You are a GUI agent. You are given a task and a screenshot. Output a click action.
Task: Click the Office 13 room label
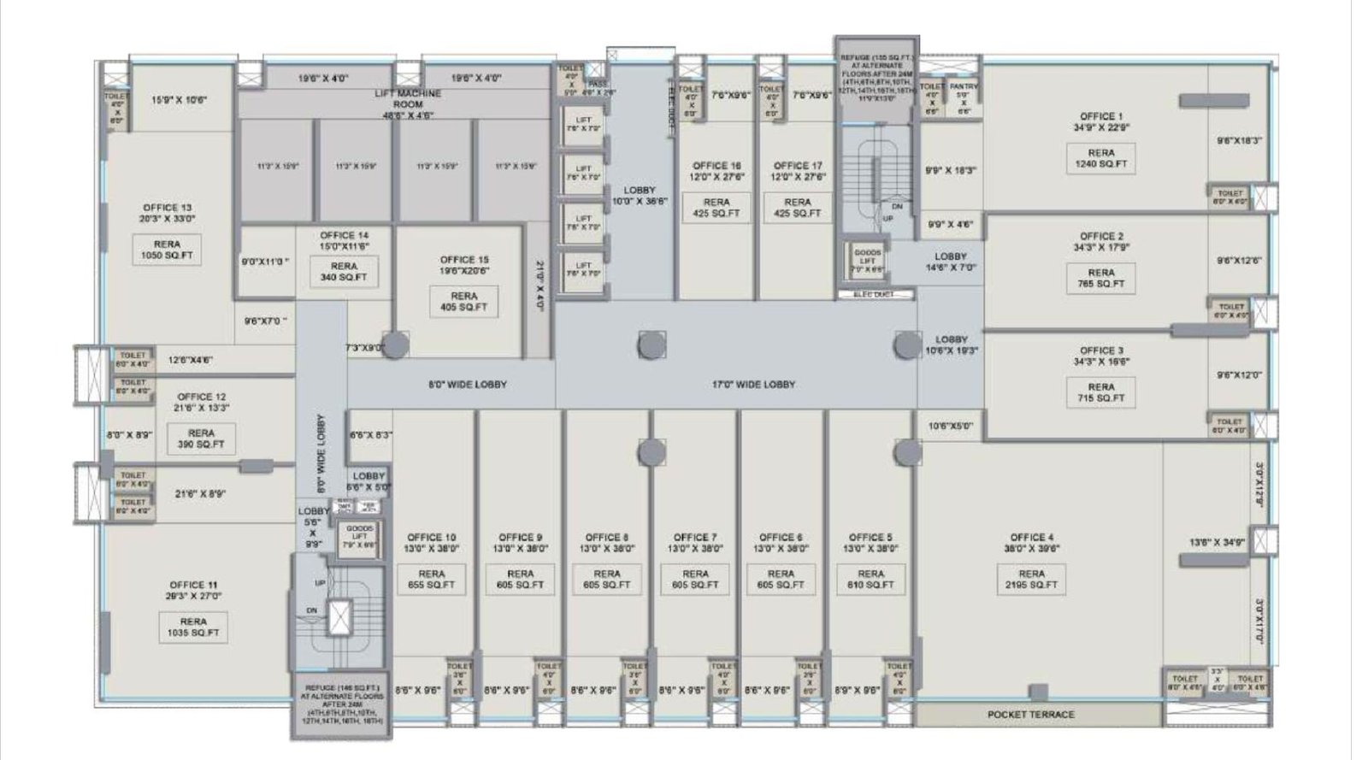click(168, 213)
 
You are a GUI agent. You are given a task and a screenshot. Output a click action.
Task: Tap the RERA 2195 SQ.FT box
click(1031, 580)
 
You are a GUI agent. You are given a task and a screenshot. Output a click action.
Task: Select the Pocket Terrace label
click(1031, 714)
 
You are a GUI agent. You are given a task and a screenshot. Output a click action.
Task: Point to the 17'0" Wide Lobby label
click(753, 385)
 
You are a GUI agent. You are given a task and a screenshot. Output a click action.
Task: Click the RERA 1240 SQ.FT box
click(1101, 158)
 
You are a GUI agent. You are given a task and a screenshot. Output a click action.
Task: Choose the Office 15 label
click(464, 265)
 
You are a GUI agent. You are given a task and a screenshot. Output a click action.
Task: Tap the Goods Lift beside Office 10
click(357, 538)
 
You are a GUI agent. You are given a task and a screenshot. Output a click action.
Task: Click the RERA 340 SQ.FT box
click(344, 272)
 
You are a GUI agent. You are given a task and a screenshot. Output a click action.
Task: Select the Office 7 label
click(695, 543)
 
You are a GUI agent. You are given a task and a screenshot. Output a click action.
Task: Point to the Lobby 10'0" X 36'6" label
click(640, 196)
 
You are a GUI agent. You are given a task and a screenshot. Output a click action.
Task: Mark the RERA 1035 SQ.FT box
click(193, 627)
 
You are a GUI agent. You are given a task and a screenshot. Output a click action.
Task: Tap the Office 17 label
click(798, 171)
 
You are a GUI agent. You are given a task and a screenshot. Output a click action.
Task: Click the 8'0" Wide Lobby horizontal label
click(468, 385)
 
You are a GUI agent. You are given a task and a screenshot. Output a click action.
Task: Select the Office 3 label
click(1101, 356)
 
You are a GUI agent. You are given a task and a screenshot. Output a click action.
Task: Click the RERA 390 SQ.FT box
click(201, 439)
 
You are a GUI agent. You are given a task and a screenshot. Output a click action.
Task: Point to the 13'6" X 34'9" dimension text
click(1216, 542)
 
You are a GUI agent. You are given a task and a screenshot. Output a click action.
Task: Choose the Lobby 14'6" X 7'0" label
click(950, 262)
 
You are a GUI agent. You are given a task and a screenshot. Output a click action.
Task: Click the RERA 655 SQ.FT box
click(432, 580)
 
